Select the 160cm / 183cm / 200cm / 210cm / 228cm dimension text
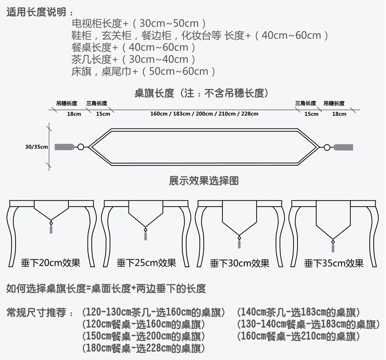[x=204, y=114]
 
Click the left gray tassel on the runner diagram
[x=64, y=147]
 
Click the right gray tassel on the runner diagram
[x=343, y=147]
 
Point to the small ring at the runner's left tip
[x=81, y=147]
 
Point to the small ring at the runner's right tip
[x=327, y=147]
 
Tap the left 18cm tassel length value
[x=74, y=114]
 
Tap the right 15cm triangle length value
[x=311, y=114]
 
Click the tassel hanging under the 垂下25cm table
[x=145, y=235]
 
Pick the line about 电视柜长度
[x=138, y=23]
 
